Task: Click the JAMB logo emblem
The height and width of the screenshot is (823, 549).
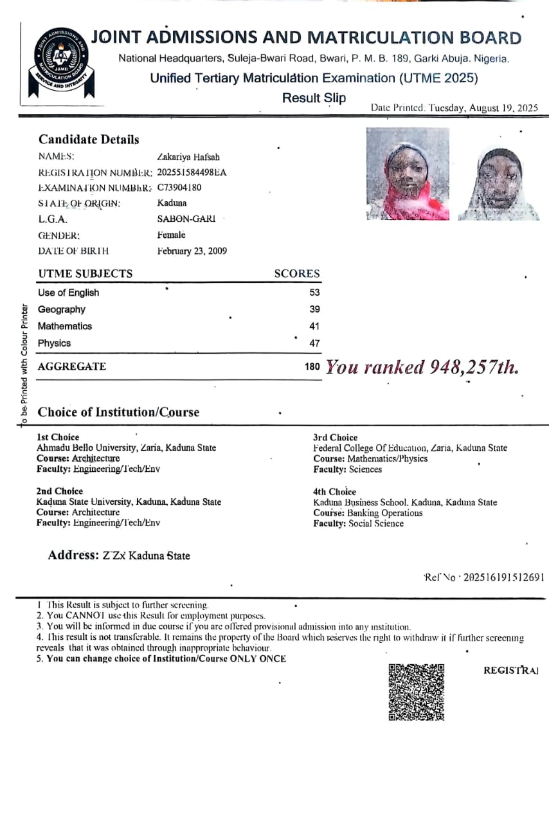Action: [59, 62]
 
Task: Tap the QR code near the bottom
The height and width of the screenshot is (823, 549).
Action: [417, 692]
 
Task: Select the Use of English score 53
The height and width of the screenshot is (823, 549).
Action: [314, 293]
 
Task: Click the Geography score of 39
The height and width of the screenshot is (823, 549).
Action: [314, 309]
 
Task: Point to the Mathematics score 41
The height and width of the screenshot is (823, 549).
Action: [314, 326]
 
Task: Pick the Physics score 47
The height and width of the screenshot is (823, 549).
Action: [314, 343]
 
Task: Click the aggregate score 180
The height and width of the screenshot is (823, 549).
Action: [312, 367]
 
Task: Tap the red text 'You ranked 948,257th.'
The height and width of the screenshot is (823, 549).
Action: [422, 367]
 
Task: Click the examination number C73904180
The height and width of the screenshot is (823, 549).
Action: [179, 188]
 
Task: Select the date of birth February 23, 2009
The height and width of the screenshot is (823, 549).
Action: [192, 251]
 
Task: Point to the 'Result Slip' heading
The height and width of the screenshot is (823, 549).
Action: [314, 98]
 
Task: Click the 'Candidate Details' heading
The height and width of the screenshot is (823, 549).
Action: [89, 140]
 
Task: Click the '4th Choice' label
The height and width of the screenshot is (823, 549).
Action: [334, 492]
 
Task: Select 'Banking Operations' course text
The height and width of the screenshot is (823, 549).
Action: [384, 513]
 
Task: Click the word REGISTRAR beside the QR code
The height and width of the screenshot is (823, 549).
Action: [510, 671]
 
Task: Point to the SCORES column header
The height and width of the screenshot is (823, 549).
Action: [296, 273]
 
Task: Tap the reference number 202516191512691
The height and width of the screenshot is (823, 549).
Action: [502, 577]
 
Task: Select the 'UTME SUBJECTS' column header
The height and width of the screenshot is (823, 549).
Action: [85, 273]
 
